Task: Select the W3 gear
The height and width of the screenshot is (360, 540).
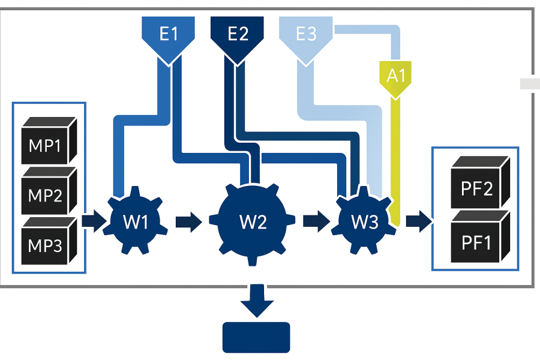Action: click(x=365, y=222)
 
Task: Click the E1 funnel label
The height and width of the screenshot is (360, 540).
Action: click(x=169, y=35)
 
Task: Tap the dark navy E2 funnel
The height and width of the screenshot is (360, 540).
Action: click(x=238, y=35)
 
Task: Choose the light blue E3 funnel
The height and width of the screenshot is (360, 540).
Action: click(x=306, y=35)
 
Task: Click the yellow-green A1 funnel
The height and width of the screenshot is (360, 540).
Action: click(x=395, y=76)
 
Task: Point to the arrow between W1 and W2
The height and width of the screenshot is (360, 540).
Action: click(x=188, y=222)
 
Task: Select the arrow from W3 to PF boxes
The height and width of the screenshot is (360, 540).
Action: click(x=418, y=222)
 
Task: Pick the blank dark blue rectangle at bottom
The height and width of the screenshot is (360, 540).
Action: click(x=256, y=337)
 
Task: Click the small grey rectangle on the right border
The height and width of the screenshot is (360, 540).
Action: click(x=529, y=84)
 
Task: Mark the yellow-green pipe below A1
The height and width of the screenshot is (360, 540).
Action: click(x=395, y=156)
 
